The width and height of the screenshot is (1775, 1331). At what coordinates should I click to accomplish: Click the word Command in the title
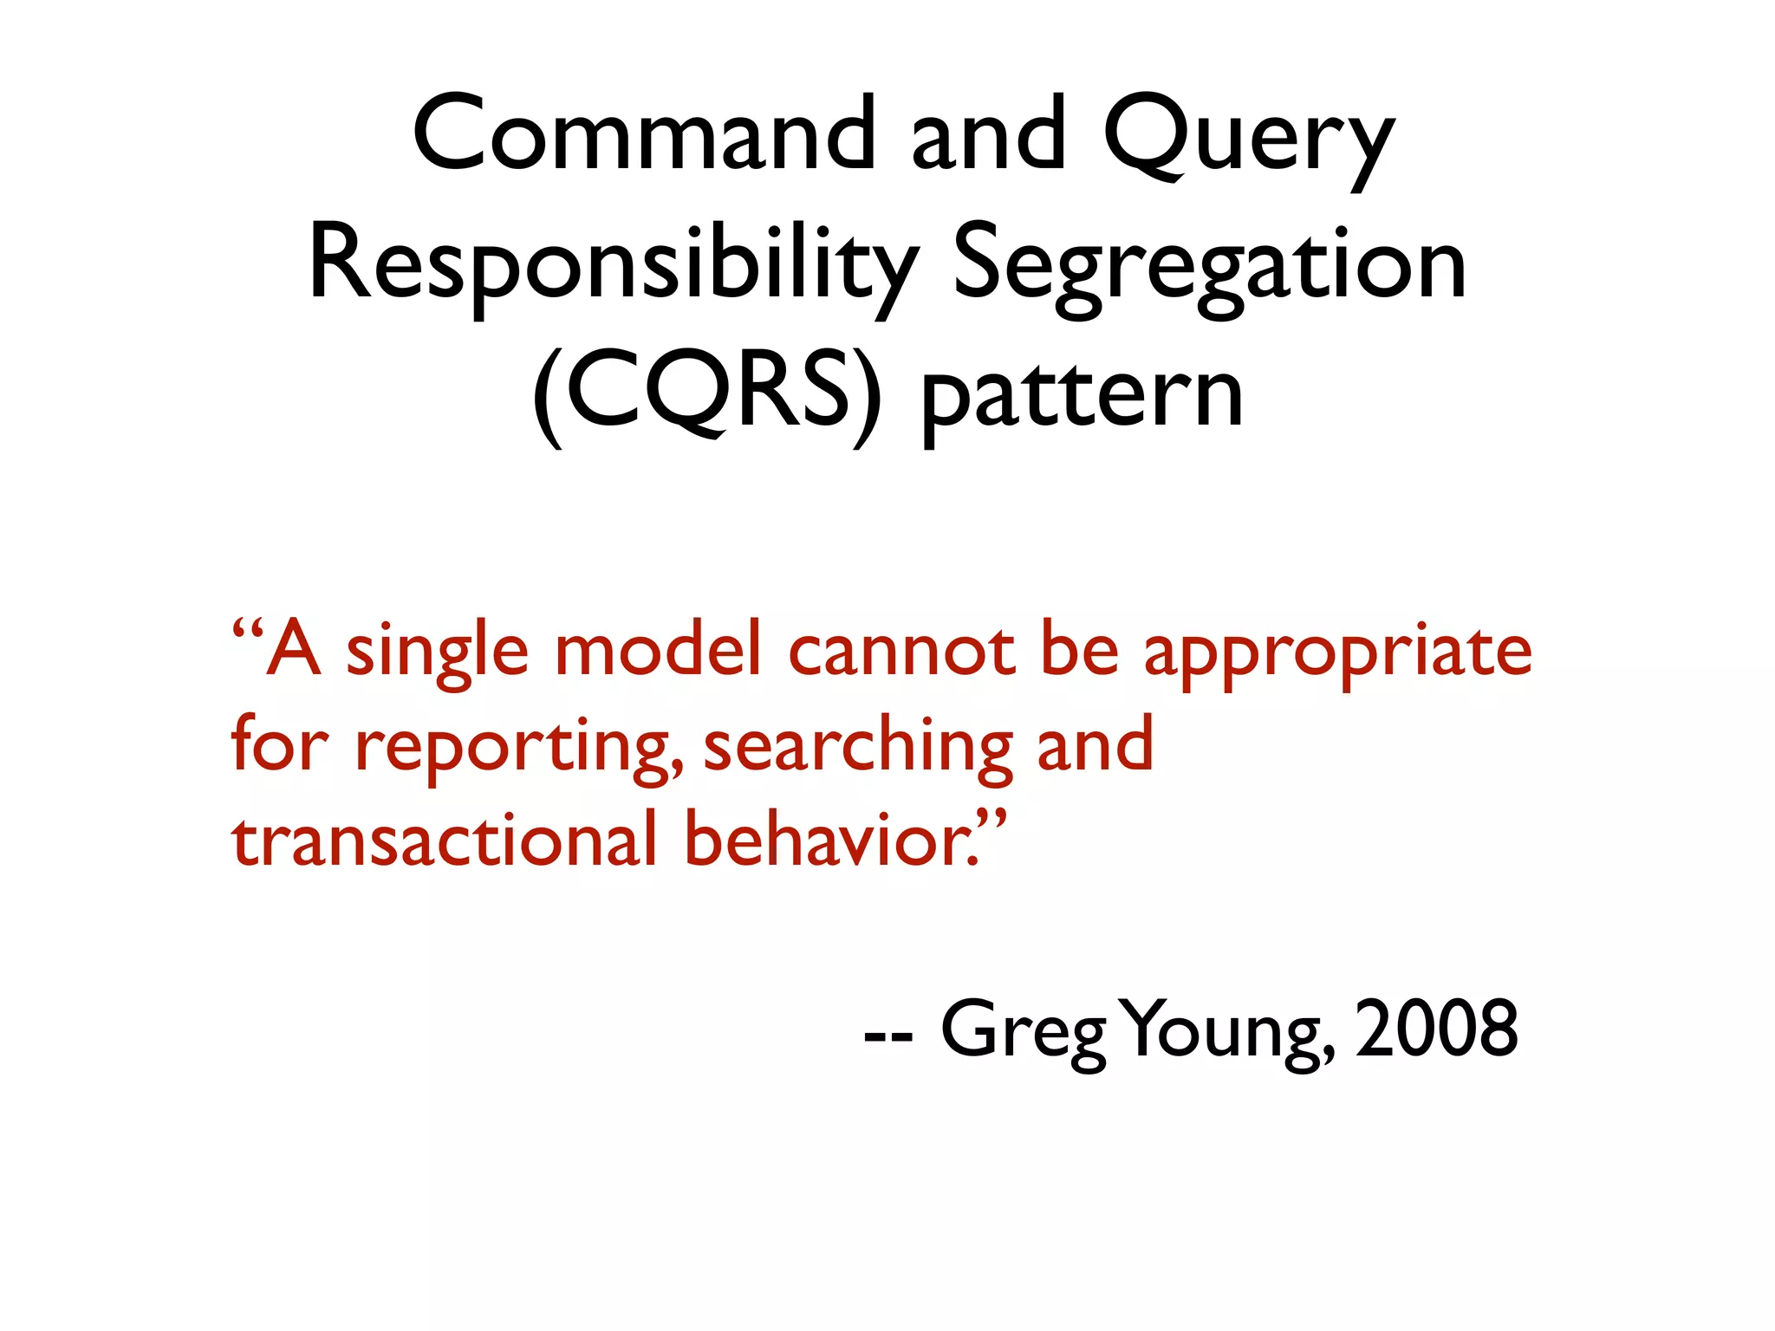tap(644, 133)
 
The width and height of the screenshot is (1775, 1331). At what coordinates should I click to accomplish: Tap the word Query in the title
tap(1248, 139)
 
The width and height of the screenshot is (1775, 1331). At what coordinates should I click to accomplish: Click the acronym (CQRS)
tap(706, 394)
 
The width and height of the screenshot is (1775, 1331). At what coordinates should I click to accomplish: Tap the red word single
tap(437, 652)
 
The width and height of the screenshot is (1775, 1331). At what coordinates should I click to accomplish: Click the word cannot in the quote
tap(901, 652)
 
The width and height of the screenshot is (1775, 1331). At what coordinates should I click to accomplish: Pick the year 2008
tap(1436, 1029)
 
